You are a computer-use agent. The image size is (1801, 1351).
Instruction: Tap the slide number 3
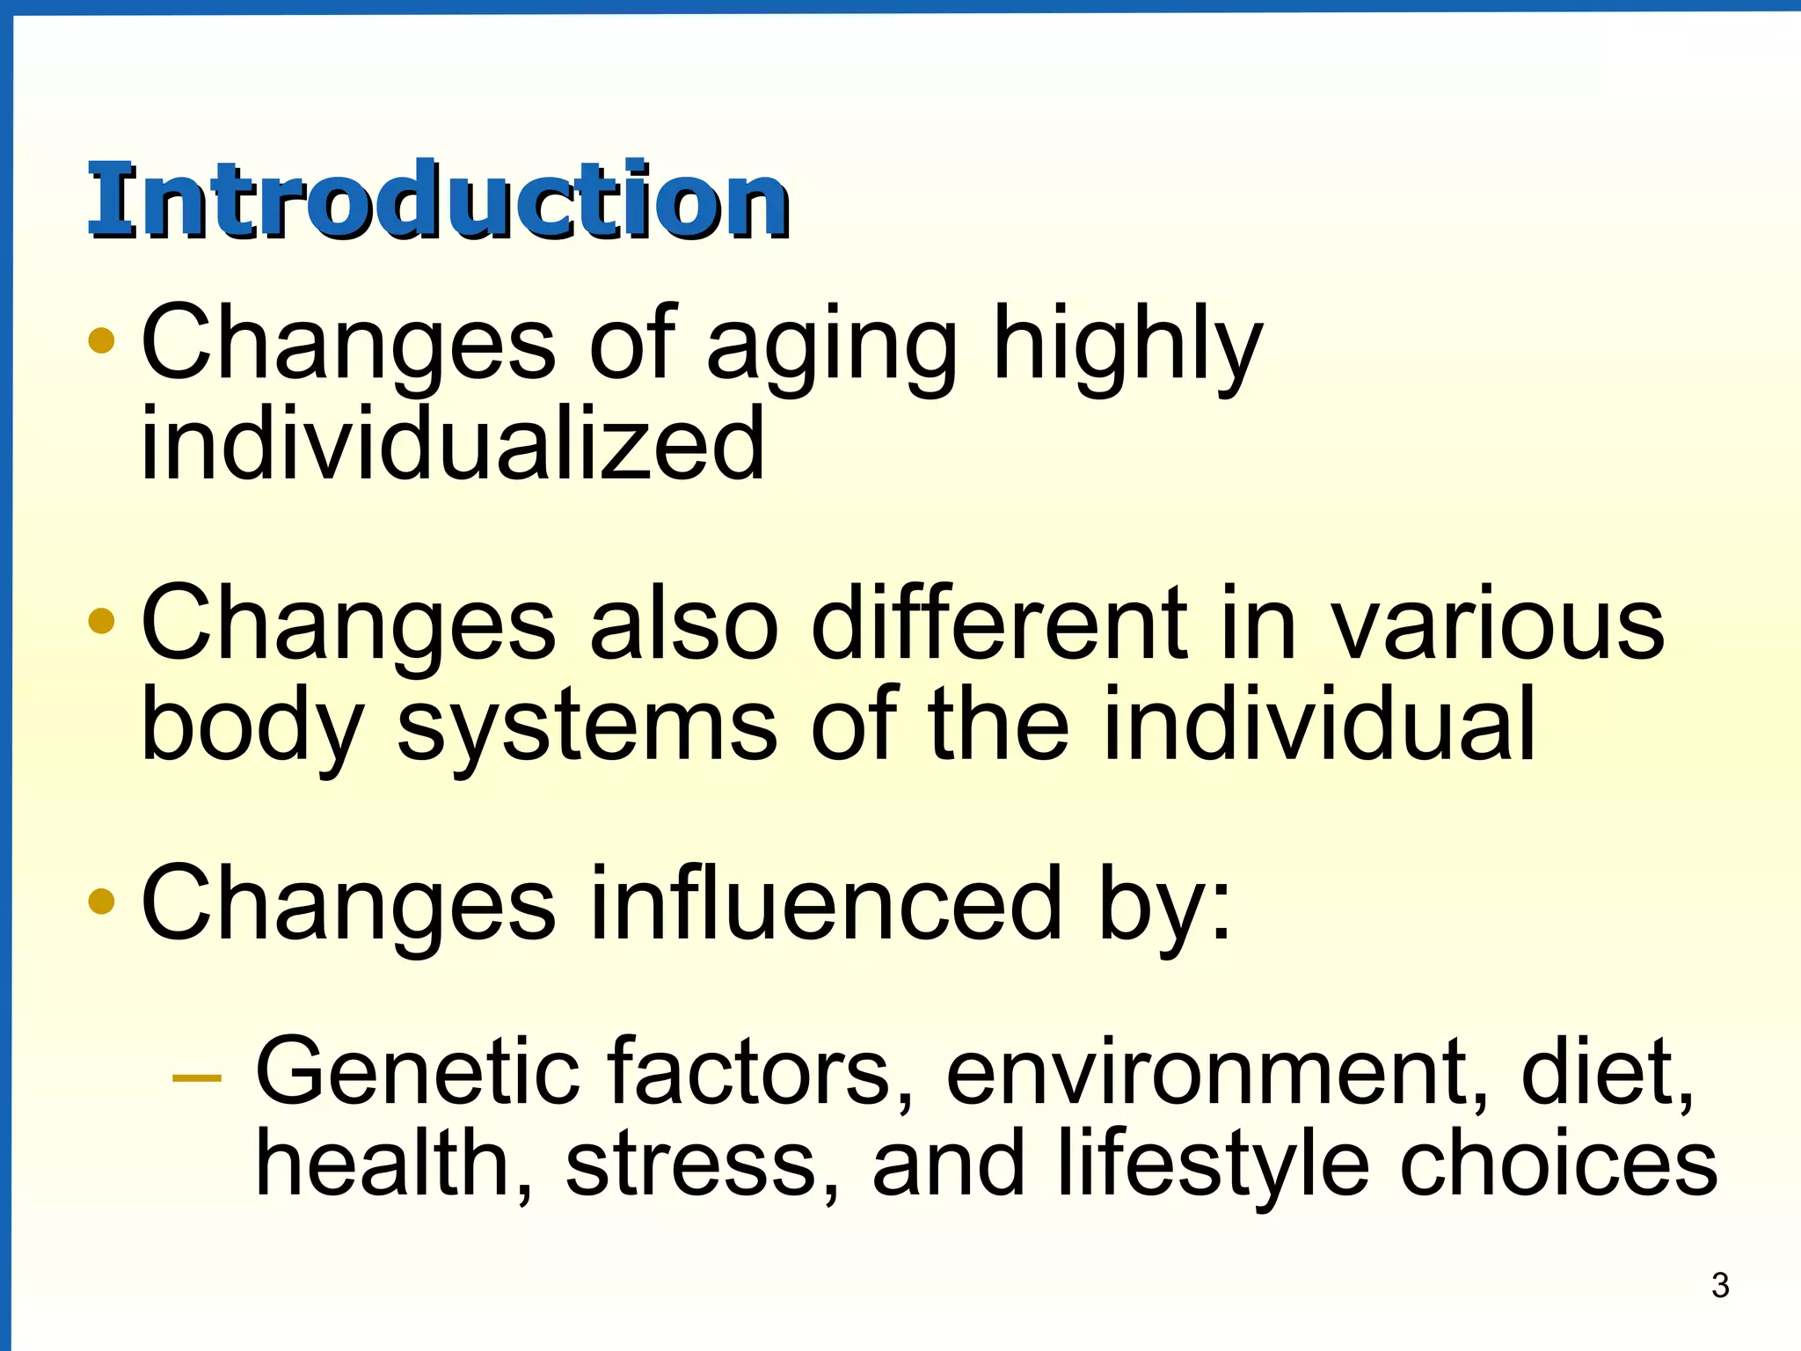click(1720, 1286)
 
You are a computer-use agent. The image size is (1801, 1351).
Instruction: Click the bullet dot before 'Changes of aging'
click(102, 340)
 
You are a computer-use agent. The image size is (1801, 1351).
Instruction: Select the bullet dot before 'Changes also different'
click(102, 621)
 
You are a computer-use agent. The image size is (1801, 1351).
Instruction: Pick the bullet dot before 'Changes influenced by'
click(102, 902)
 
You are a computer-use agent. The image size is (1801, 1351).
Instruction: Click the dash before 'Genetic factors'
click(197, 1076)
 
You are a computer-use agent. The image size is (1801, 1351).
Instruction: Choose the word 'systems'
click(587, 726)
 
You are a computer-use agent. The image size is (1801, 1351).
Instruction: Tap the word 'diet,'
click(1606, 1072)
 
